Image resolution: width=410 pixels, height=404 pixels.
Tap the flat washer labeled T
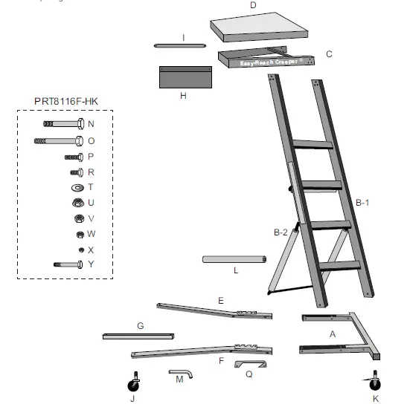[77, 187]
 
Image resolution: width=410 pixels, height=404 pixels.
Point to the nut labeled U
[77, 202]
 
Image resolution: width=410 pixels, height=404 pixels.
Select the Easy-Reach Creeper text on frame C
[269, 63]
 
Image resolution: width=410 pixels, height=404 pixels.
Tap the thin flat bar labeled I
[179, 45]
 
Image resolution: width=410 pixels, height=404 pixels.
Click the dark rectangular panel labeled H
[185, 76]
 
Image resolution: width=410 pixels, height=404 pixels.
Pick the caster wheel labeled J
[135, 383]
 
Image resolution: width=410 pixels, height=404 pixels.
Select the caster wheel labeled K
[375, 382]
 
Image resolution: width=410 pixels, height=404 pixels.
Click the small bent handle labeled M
[182, 374]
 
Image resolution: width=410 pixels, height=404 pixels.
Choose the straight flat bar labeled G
[138, 336]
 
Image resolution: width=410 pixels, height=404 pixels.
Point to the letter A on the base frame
[333, 335]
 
